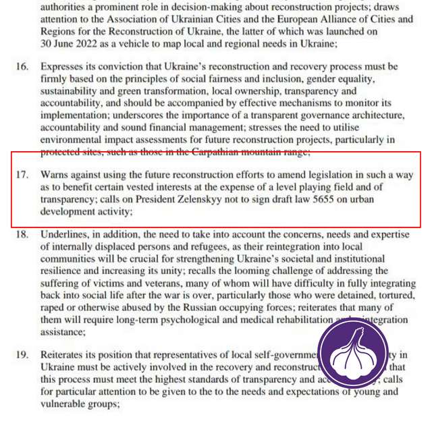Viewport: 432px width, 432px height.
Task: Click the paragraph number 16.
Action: click(x=22, y=67)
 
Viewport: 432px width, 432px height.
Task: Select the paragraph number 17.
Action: click(x=22, y=174)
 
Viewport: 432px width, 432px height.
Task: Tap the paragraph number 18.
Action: click(x=22, y=234)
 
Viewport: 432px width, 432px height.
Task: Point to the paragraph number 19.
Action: click(x=22, y=354)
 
